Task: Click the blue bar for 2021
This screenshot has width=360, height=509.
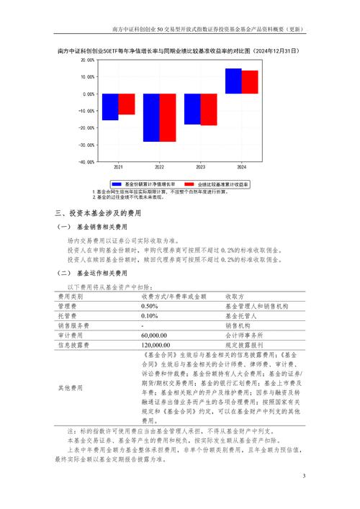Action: [x=110, y=107]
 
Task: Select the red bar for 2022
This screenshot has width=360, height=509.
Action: [x=167, y=117]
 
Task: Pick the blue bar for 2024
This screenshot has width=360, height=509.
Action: [x=233, y=81]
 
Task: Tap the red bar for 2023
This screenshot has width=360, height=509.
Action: [x=208, y=109]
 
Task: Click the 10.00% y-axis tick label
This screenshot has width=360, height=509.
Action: [x=87, y=76]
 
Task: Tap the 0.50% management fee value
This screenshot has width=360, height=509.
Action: [x=149, y=306]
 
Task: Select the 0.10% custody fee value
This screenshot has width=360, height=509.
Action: [x=149, y=315]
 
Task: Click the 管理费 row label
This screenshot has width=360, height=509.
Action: [x=66, y=306]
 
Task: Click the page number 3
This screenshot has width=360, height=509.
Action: [x=303, y=475]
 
